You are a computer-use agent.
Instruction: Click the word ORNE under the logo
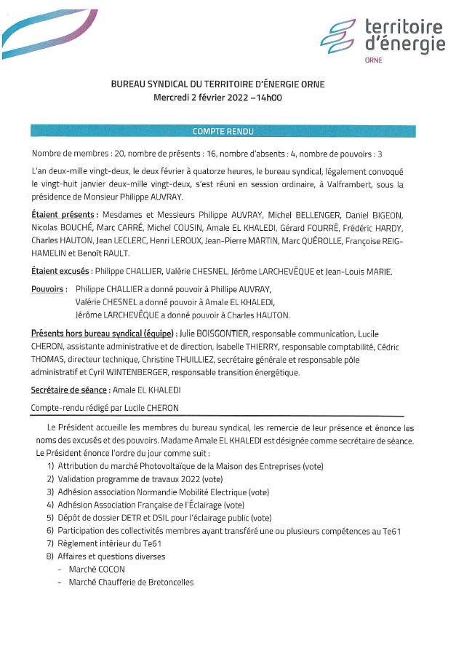point(373,60)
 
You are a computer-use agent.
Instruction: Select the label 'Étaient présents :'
point(65,216)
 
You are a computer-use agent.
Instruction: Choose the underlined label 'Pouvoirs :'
point(49,289)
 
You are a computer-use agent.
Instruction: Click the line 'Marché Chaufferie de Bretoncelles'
point(131,583)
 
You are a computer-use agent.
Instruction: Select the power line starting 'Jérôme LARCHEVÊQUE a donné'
point(183,315)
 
